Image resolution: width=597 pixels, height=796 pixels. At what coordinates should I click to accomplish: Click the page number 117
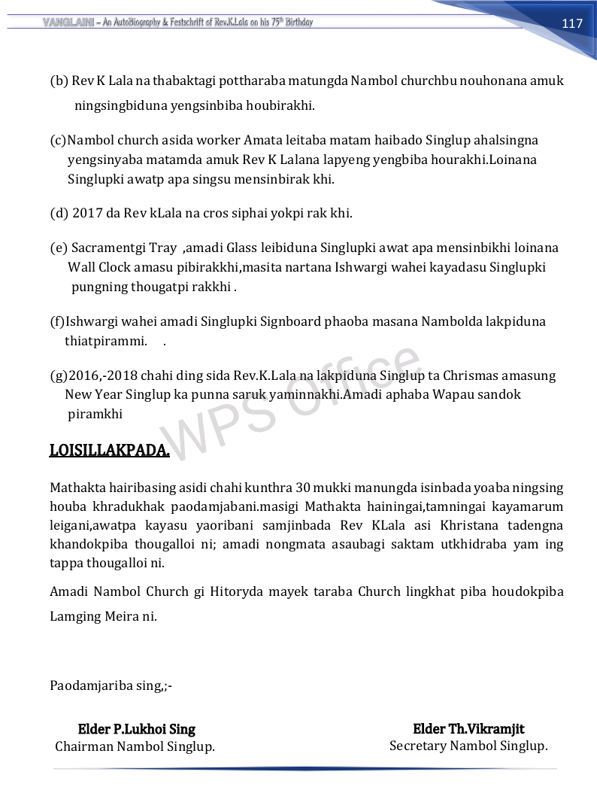572,23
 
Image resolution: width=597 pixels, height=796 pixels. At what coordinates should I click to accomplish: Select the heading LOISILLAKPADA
109,450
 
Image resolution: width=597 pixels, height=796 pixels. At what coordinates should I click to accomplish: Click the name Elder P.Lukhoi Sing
136,729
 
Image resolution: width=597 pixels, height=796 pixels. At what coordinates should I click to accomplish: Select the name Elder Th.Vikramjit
468,728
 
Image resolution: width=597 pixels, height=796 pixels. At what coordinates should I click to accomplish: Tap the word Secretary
418,746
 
